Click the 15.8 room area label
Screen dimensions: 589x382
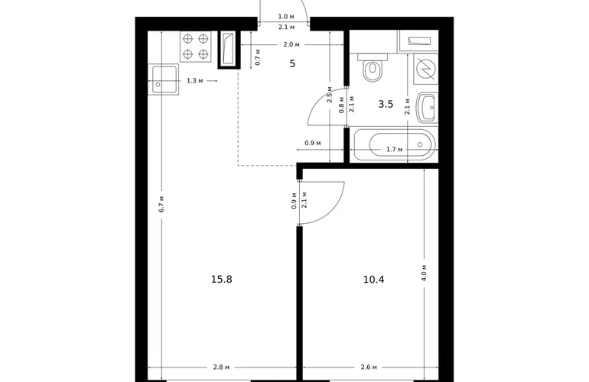pos(222,279)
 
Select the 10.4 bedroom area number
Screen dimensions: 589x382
pos(374,280)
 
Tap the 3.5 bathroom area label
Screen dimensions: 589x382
pos(386,105)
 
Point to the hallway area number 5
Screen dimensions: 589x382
pos(293,63)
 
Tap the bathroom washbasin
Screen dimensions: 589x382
pos(427,108)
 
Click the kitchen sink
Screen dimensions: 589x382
pos(164,79)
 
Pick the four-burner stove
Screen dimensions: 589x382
pos(196,46)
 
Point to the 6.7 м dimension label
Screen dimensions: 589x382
pos(161,204)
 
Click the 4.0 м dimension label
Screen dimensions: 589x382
pos(424,273)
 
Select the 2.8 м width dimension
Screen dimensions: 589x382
pos(221,367)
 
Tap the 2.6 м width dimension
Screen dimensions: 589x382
pos(369,367)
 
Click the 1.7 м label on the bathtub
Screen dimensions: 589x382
pos(395,149)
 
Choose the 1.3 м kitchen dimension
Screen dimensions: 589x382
pos(195,81)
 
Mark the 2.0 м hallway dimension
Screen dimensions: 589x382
pos(291,44)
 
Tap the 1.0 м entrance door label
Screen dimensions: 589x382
pos(286,17)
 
